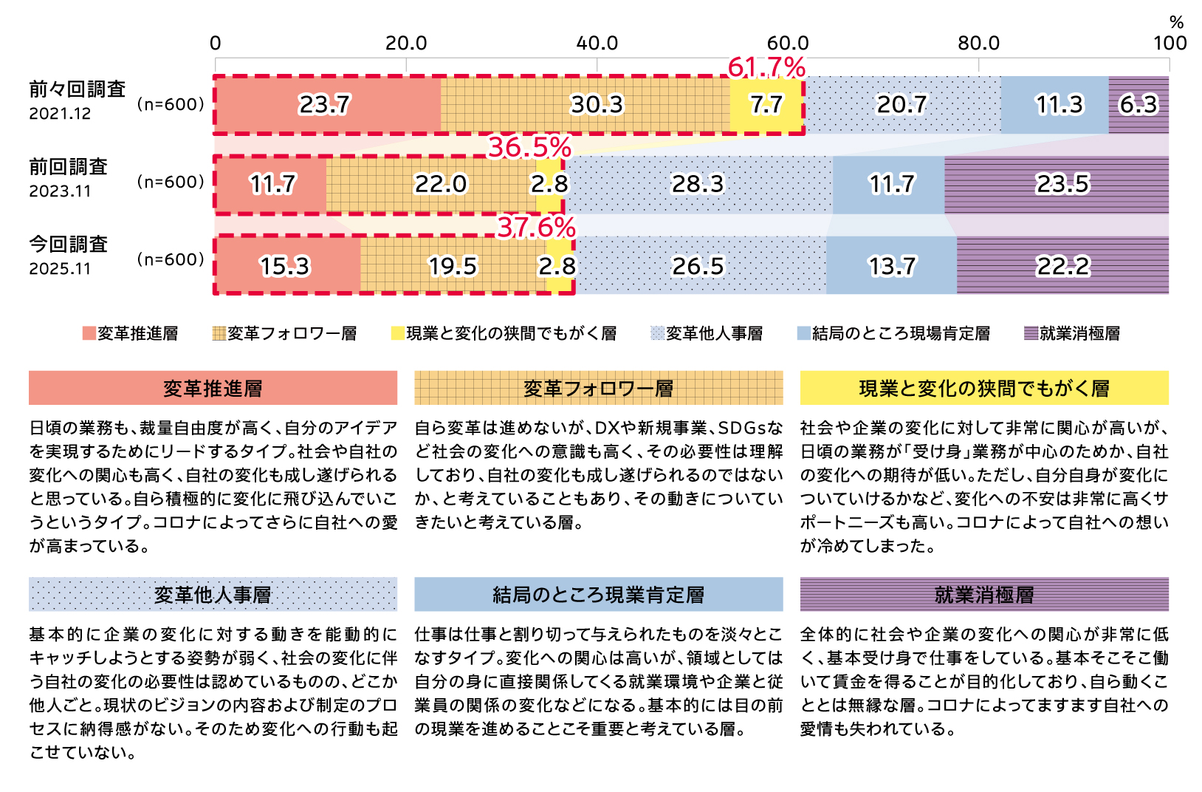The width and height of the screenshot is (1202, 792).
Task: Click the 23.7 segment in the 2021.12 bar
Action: (325, 105)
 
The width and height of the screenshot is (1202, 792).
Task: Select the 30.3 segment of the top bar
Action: (597, 105)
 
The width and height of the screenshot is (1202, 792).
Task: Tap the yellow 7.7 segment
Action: (766, 105)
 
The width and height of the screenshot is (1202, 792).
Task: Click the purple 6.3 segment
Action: (1139, 105)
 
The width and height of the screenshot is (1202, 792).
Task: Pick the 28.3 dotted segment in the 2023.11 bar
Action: (698, 184)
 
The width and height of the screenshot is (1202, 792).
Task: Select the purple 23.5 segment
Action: (1062, 184)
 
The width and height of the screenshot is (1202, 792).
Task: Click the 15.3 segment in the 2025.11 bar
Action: (285, 266)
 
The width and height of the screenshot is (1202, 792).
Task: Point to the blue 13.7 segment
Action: (892, 266)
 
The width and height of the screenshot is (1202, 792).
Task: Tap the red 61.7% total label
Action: (766, 68)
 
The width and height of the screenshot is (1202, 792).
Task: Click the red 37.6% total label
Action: (536, 228)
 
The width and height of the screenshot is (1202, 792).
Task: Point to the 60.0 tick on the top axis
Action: (788, 43)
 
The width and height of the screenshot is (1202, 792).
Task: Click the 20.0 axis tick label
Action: (406, 43)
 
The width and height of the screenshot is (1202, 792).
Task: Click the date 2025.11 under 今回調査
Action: (60, 269)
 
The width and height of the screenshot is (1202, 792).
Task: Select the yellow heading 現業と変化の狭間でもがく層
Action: (984, 389)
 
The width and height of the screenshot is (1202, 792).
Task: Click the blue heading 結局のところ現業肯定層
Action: (598, 595)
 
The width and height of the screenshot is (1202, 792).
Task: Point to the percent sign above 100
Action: (1176, 22)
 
